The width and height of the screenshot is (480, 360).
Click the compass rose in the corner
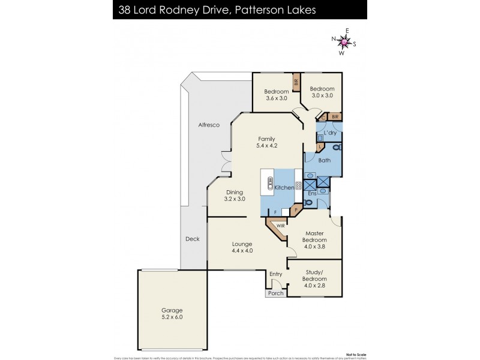pos(344,42)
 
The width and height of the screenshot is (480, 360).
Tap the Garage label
pos(171,310)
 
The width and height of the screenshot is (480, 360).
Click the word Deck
pos(192,239)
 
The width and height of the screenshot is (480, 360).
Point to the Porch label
pos(276,293)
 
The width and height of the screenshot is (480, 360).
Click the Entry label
pos(276,274)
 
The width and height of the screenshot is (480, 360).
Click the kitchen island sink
pos(270,184)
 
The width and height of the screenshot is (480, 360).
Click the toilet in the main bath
pos(336,146)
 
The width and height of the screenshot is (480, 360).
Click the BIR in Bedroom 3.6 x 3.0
pos(296,82)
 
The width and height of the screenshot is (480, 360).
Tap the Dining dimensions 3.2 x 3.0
pos(235,199)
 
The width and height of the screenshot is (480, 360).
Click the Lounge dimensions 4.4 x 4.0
pos(242,251)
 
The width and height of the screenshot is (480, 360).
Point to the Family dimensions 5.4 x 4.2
pos(266,145)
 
